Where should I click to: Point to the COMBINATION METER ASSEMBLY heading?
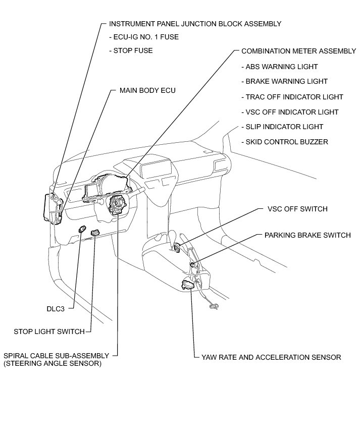click(x=298, y=51)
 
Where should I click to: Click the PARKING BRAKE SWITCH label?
click(x=307, y=235)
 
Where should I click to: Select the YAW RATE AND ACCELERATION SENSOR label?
click(x=271, y=357)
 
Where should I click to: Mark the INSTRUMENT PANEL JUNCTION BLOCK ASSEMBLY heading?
click(x=195, y=24)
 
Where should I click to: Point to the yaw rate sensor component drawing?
click(x=187, y=285)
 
